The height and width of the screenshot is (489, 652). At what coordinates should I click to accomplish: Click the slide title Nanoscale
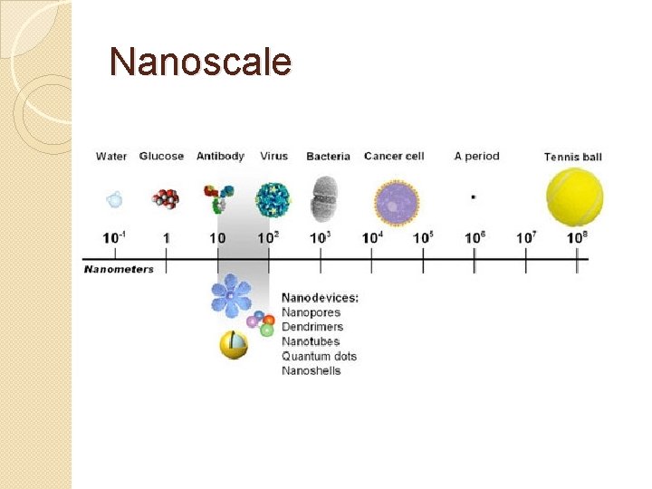coord(200,62)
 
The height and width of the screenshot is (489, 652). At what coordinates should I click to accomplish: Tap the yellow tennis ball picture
coord(574,198)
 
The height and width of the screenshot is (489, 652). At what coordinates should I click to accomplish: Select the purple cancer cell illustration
coord(397,201)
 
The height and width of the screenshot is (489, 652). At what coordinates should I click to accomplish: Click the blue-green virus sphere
coord(273,199)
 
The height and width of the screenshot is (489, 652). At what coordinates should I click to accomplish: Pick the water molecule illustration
coord(114,199)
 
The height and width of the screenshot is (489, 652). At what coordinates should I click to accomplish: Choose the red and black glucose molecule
coord(164,198)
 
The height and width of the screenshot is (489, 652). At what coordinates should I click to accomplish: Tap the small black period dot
coord(475,197)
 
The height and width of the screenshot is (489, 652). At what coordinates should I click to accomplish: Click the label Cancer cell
coord(394,157)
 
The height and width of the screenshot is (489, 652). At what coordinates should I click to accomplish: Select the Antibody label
coord(220,157)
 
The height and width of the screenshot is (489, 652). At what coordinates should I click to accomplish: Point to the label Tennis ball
coord(573,157)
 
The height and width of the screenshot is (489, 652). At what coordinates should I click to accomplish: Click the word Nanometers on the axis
coord(119,269)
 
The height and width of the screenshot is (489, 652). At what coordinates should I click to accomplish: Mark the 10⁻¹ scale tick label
coord(114,237)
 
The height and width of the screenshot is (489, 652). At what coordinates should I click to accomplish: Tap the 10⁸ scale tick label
coord(577,237)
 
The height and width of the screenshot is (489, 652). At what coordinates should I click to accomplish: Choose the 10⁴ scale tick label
coord(371,237)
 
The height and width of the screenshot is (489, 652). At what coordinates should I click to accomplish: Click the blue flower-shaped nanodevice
coord(230,294)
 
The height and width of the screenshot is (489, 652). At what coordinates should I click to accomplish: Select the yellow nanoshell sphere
coord(234,344)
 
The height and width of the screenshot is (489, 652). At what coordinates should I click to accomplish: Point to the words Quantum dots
coord(319,356)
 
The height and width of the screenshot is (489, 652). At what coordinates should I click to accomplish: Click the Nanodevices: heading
coord(320,297)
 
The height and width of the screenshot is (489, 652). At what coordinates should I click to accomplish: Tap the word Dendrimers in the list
coord(312,327)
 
